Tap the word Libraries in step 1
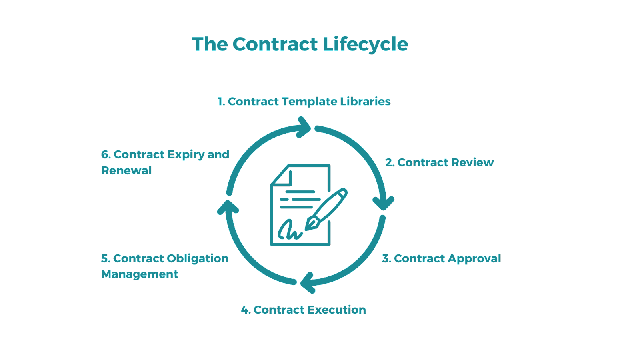[365, 102]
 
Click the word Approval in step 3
[474, 259]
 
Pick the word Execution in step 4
[337, 310]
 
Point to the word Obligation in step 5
[198, 259]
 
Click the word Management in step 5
[140, 274]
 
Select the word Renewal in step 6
[126, 170]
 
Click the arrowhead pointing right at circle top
[305, 127]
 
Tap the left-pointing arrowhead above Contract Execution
[307, 282]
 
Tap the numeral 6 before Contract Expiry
[105, 154]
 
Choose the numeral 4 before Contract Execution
[245, 310]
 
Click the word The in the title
[210, 44]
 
